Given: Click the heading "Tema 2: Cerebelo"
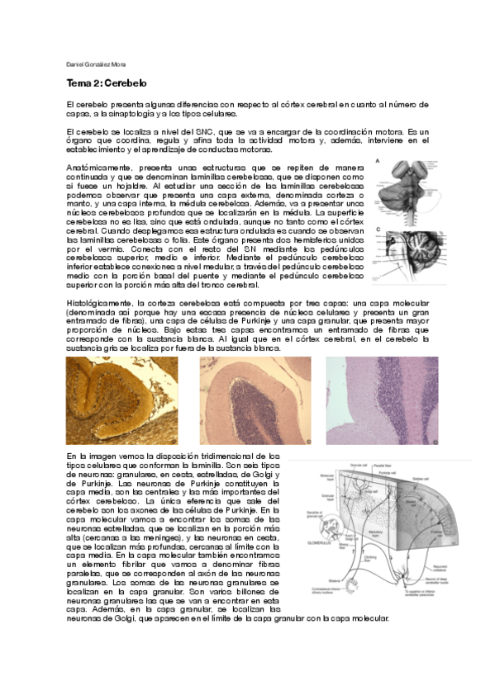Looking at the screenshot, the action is tap(106, 83).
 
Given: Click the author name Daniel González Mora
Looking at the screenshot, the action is tap(96, 64).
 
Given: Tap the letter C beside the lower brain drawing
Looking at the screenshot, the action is tap(378, 231).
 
